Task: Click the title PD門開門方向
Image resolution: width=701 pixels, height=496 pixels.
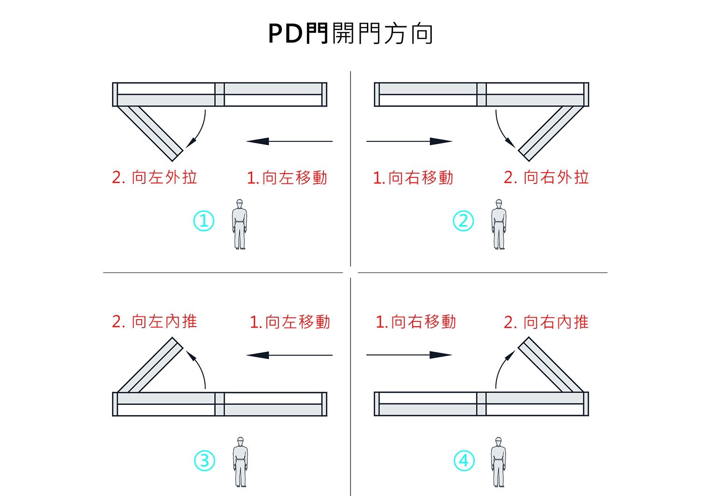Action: [350, 34]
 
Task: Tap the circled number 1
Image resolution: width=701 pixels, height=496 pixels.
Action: [204, 221]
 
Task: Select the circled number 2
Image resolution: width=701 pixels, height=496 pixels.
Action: [463, 221]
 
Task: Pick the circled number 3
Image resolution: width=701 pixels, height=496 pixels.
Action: [204, 461]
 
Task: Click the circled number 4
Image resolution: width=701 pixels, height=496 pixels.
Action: [464, 461]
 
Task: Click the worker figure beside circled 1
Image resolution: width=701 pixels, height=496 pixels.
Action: [240, 224]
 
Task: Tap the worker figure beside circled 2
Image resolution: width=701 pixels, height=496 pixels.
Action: [499, 224]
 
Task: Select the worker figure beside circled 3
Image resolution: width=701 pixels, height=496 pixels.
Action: [240, 462]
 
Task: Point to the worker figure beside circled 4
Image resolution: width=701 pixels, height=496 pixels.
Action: [498, 462]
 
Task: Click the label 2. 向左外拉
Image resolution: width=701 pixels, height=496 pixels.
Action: [154, 178]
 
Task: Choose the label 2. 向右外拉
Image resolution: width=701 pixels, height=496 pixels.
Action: [546, 178]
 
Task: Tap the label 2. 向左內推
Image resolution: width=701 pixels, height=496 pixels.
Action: [154, 322]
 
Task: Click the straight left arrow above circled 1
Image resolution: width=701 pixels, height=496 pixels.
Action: [289, 141]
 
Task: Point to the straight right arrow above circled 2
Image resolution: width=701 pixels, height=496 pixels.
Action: [409, 141]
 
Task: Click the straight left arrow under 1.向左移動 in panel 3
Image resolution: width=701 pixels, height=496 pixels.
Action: [289, 355]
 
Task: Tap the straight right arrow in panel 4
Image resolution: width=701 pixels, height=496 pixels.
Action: [409, 355]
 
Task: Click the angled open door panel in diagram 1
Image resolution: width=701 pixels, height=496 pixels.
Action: [150, 131]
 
